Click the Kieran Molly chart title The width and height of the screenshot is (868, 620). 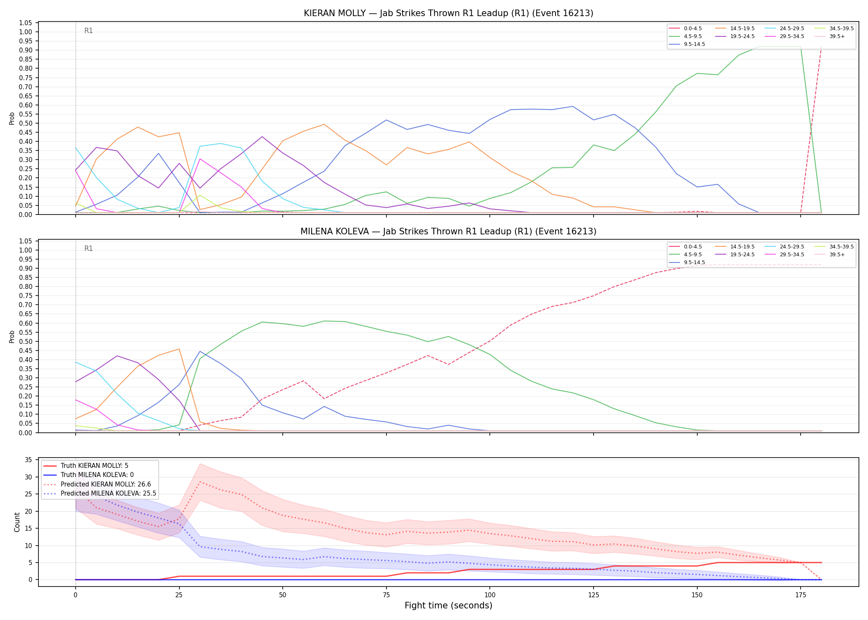(x=448, y=13)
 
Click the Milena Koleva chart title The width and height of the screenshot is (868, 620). (x=448, y=231)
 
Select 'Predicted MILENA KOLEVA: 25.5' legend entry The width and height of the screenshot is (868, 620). (x=100, y=494)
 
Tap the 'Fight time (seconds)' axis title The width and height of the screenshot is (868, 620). (x=448, y=606)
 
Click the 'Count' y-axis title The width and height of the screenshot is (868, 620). (x=17, y=522)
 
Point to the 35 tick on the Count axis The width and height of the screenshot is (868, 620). (x=29, y=460)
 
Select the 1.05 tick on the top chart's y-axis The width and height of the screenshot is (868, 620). (x=26, y=23)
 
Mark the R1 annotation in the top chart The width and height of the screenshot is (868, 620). (x=88, y=31)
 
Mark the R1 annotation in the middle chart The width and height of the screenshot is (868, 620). (x=88, y=248)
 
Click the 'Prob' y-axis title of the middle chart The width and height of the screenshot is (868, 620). (x=12, y=336)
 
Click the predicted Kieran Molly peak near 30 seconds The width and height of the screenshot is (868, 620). (x=200, y=482)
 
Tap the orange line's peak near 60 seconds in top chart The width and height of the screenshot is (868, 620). (x=324, y=124)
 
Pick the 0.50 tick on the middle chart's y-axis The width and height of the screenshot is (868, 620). (x=26, y=341)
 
